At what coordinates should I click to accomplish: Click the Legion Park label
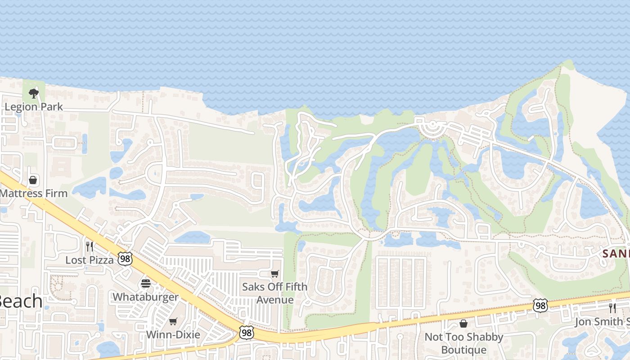tap(34, 107)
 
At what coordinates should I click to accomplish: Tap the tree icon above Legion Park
tap(33, 94)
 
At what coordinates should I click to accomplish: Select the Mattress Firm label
tap(34, 193)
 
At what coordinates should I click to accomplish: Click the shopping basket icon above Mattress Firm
tap(33, 180)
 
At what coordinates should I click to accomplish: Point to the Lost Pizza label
tap(90, 260)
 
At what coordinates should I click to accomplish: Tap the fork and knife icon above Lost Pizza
tap(90, 247)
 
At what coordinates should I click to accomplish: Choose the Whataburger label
tap(145, 297)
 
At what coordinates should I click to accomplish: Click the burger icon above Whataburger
tap(145, 283)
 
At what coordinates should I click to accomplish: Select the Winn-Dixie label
tap(173, 335)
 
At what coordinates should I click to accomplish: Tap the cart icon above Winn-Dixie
tap(173, 321)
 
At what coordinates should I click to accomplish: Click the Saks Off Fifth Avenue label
tap(274, 293)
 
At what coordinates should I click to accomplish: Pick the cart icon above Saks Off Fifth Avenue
tap(274, 274)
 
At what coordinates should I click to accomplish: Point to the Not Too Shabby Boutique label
tap(464, 343)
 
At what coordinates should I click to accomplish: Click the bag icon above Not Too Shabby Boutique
tap(463, 324)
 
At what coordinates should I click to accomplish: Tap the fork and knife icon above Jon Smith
tap(612, 308)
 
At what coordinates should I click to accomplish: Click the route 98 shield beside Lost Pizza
tap(125, 258)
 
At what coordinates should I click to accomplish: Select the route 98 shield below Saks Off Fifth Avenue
tap(246, 333)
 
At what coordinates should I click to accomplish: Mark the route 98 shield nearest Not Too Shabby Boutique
tap(540, 305)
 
